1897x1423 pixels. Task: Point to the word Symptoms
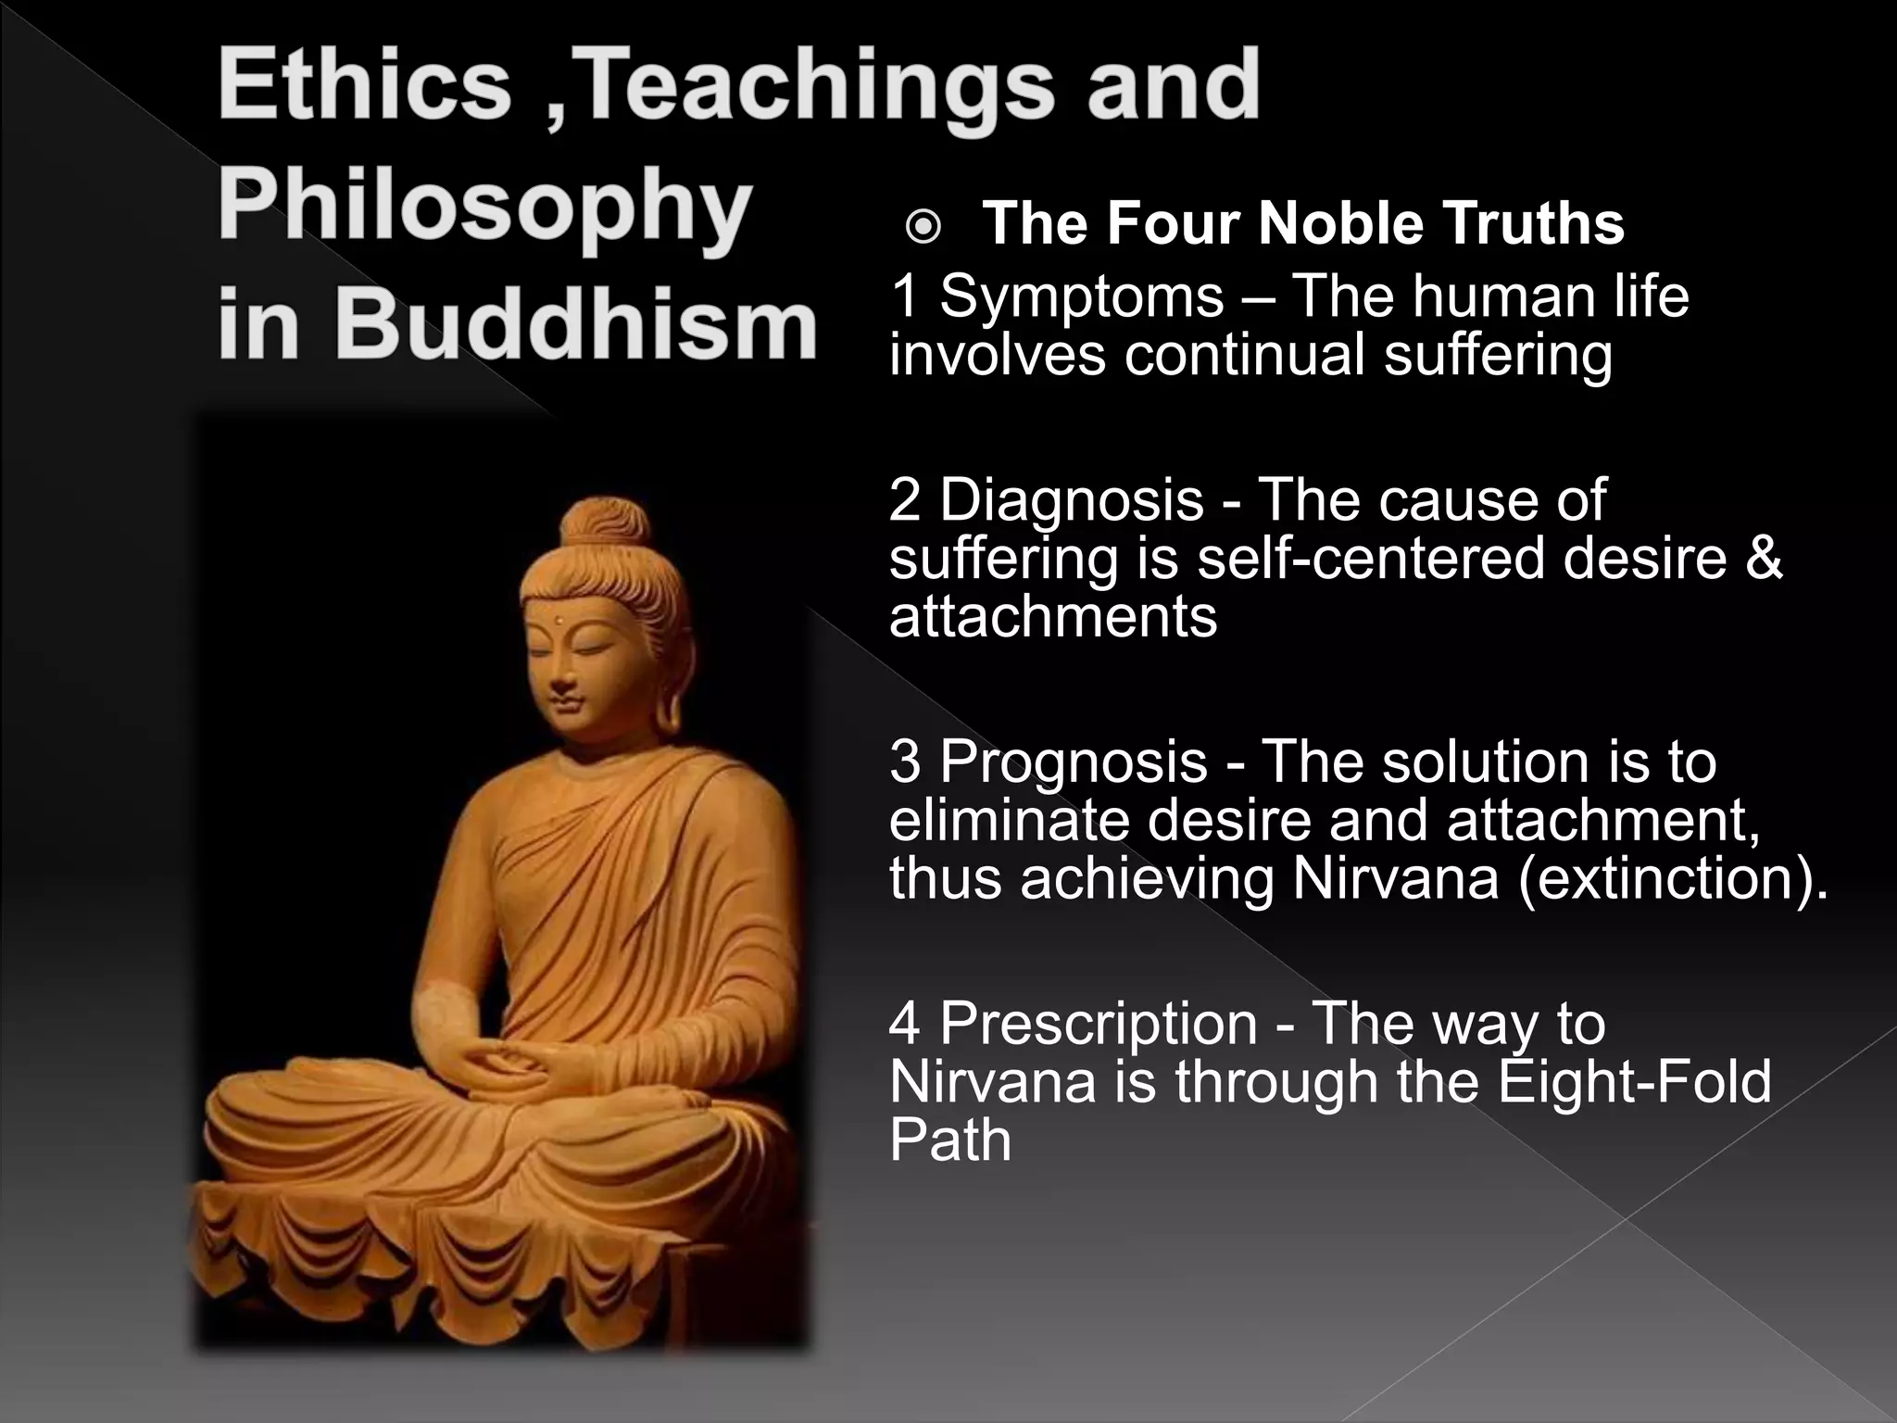[x=1082, y=296]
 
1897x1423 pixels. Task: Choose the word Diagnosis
[x=1072, y=500]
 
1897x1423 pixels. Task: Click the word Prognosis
[x=1074, y=762]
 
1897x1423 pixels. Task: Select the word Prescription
[x=1099, y=1023]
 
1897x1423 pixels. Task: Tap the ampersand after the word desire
[x=1765, y=559]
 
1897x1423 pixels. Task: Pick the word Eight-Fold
[x=1634, y=1081]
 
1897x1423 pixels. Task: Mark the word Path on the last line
[x=949, y=1140]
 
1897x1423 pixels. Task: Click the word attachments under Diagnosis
[x=1052, y=617]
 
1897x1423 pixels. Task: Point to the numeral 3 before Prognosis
[x=905, y=762]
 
